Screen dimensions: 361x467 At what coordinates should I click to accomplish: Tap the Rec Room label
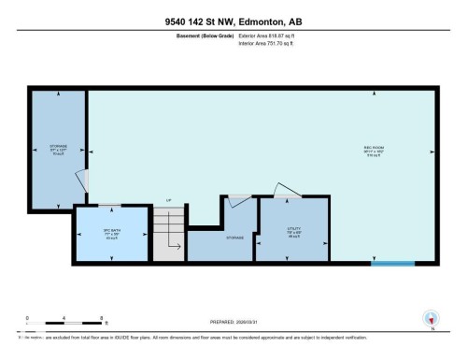point(375,152)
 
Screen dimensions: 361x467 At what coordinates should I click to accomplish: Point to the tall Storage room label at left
point(57,150)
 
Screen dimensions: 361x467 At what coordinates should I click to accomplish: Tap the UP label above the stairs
point(168,201)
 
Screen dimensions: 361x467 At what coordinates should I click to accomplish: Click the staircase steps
point(168,234)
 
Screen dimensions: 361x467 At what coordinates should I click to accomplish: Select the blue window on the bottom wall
point(391,263)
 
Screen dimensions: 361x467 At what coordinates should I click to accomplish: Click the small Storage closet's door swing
point(239,199)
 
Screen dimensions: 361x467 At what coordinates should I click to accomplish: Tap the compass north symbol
point(430,318)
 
